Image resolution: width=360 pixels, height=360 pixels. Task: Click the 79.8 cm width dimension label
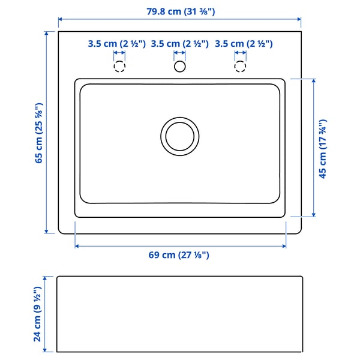pyautogui.click(x=179, y=11)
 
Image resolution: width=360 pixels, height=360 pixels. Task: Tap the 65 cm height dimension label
pyautogui.click(x=39, y=133)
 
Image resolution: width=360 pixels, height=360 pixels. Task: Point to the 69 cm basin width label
pyautogui.click(x=179, y=255)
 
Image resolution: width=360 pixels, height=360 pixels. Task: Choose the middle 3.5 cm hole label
pyautogui.click(x=179, y=44)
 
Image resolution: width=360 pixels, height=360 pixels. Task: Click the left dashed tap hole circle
pyautogui.click(x=120, y=66)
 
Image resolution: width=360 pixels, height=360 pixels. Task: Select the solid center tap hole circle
pyautogui.click(x=179, y=66)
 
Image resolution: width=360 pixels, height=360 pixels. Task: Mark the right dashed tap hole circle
pyautogui.click(x=240, y=66)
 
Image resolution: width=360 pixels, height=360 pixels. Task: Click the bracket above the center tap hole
pyautogui.click(x=179, y=54)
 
